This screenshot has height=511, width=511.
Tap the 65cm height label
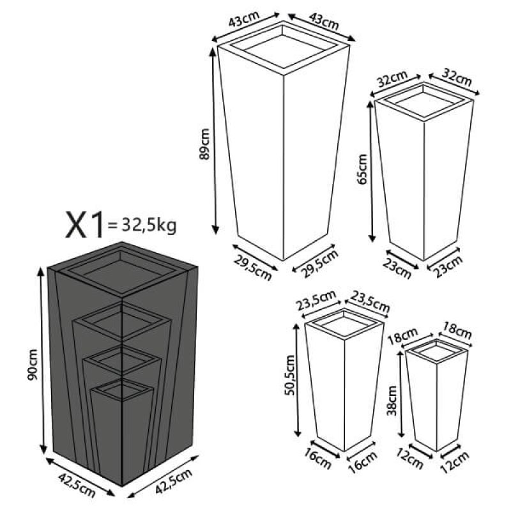(x=363, y=169)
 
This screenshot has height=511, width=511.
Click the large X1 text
(x=85, y=225)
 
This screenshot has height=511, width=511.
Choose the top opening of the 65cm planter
(x=424, y=100)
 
